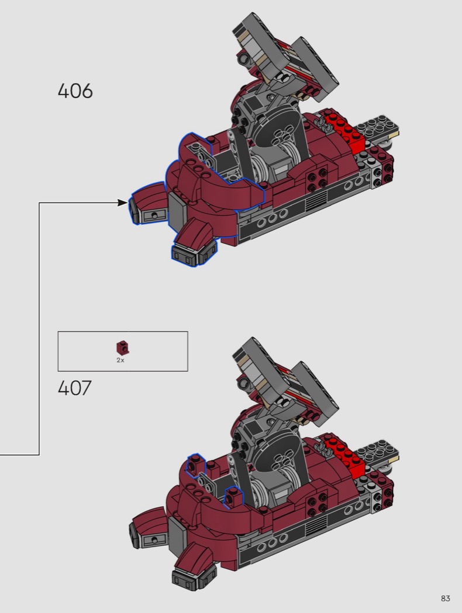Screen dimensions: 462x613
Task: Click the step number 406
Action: (x=75, y=90)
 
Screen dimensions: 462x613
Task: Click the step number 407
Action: (x=74, y=388)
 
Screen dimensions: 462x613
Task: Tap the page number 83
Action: (x=445, y=598)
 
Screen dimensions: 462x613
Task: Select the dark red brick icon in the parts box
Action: (x=123, y=347)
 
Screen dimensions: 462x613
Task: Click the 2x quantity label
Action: (x=120, y=360)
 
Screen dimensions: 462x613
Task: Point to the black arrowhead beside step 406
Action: (x=123, y=203)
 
